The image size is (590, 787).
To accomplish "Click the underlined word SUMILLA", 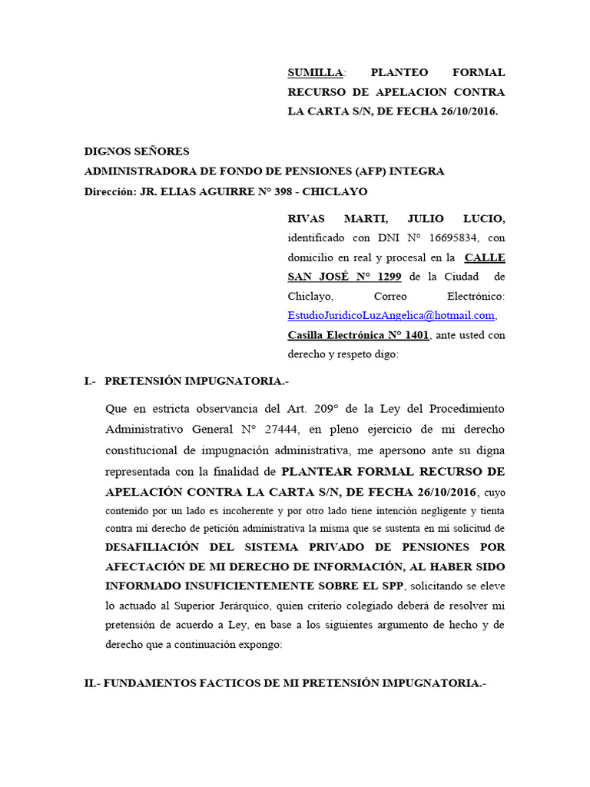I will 315,73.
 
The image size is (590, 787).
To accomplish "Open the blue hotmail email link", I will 391,316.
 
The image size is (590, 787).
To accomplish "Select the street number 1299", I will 384,277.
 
